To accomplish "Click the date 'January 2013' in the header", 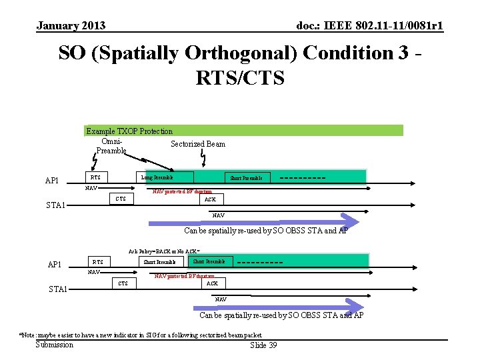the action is pos(71,26).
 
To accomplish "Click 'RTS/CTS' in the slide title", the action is pos(240,78).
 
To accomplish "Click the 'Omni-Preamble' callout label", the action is pos(111,146).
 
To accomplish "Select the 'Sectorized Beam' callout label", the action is pos(198,144).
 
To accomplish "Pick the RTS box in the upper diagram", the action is pos(96,177).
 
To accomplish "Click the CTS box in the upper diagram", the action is pos(121,199).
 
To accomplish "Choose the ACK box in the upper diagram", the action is pos(210,199).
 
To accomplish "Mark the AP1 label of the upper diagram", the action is pos(52,181).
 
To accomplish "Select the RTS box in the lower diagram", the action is pos(98,262).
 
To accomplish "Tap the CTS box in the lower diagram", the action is pos(123,283).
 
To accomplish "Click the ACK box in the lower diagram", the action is pos(212,283).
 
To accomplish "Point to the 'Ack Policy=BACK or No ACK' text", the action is pos(165,251).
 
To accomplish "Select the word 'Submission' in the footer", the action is pos(54,344).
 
